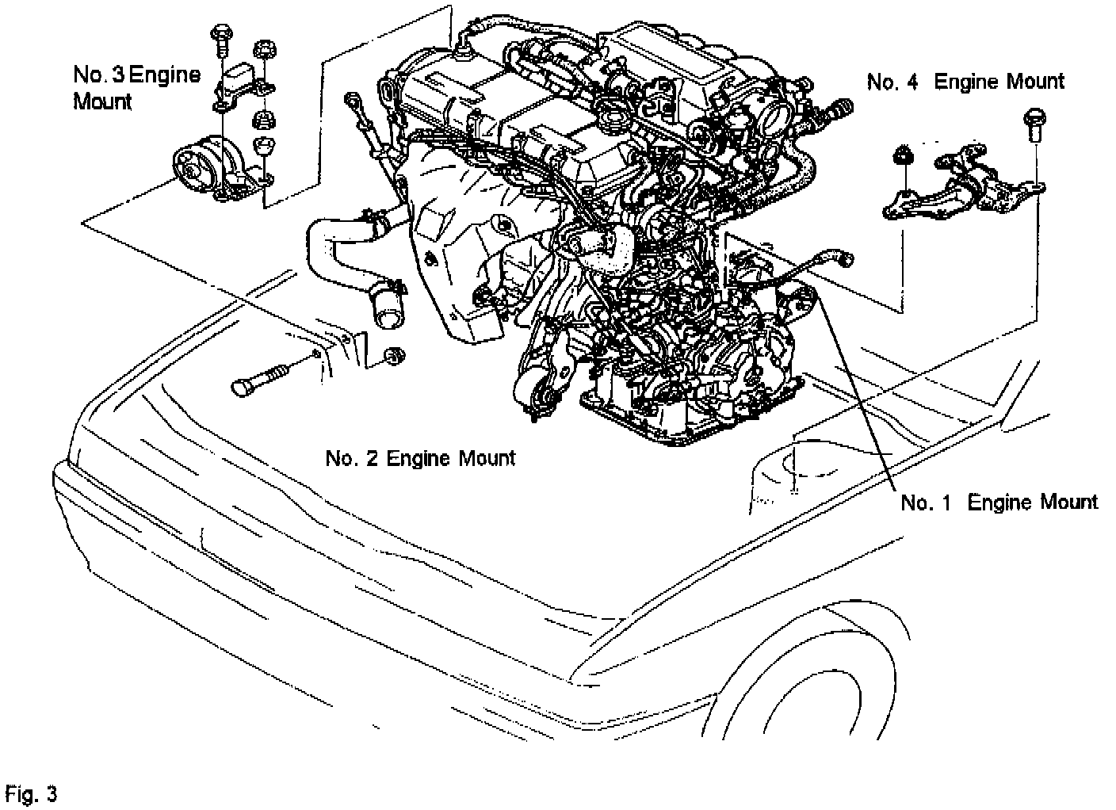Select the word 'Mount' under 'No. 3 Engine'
pos(101,102)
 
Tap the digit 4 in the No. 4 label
pos(912,82)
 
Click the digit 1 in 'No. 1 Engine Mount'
pos(945,502)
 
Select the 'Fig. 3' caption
pos(31,793)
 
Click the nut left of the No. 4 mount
pos(902,155)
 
